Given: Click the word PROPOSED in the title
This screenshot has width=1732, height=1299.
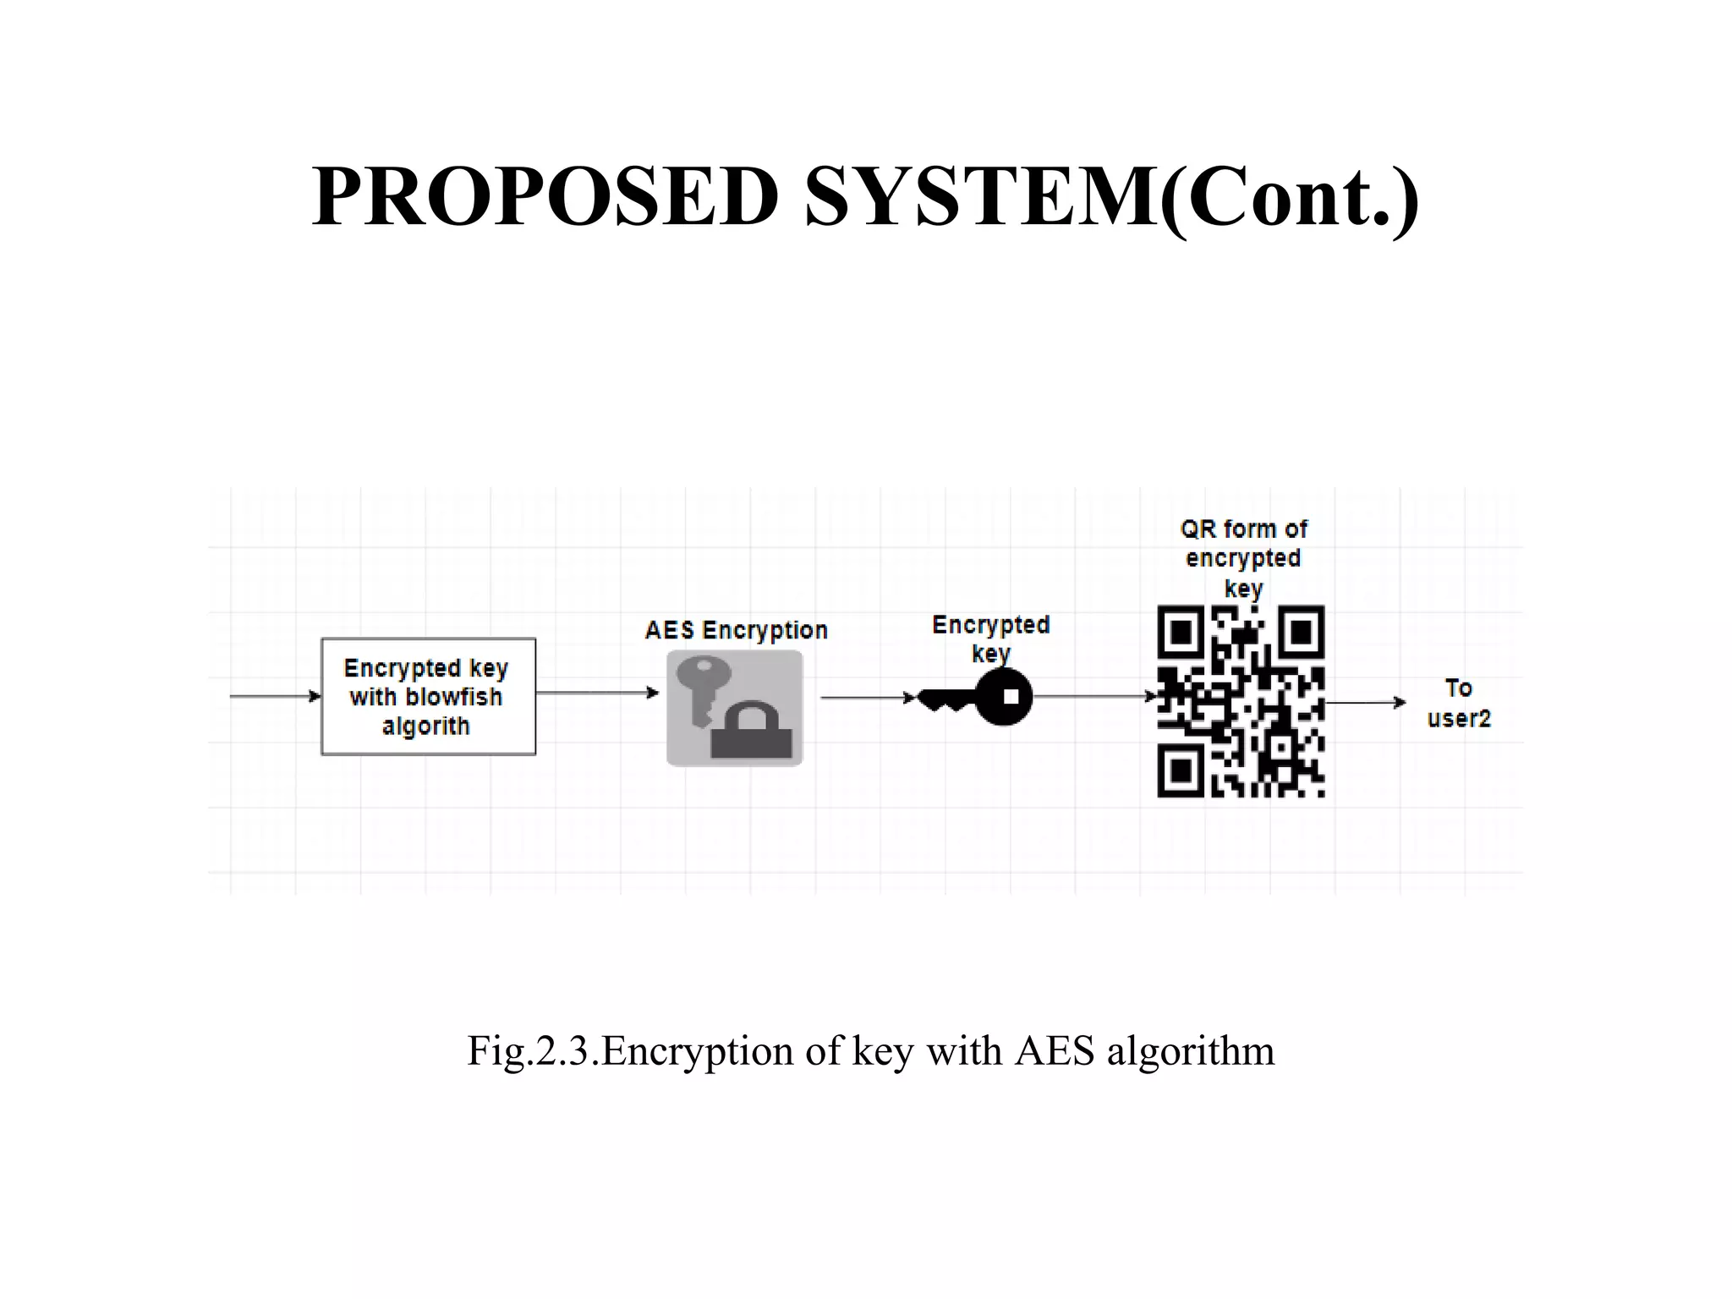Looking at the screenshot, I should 545,197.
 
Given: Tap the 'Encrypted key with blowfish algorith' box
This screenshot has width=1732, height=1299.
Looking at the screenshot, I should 428,696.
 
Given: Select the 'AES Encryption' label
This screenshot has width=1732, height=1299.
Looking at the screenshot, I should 736,631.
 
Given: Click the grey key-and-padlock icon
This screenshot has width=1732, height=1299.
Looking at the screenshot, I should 734,708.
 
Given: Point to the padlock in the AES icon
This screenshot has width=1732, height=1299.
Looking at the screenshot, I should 752,732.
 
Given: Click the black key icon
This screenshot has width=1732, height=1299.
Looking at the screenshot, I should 976,698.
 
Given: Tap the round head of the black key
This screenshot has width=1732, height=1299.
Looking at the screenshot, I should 1005,697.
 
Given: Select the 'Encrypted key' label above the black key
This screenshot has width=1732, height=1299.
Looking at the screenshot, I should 990,639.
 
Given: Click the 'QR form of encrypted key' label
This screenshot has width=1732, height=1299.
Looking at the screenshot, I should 1243,558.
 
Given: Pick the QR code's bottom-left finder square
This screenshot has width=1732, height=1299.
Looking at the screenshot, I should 1181,771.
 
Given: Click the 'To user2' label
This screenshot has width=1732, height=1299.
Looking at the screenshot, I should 1458,703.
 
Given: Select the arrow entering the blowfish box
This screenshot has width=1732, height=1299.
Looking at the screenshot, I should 275,696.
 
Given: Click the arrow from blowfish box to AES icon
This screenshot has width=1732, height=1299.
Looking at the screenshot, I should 597,693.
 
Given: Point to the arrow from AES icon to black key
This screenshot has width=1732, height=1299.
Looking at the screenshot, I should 868,698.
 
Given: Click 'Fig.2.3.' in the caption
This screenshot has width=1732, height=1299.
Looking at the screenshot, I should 533,1051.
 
